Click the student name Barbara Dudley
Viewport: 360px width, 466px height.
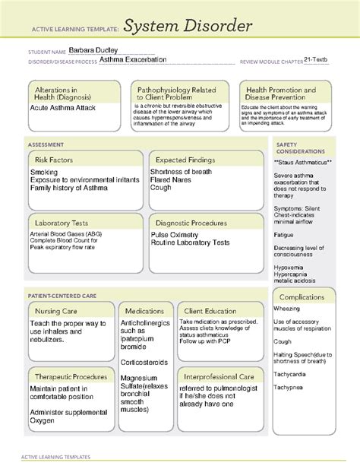pos(90,50)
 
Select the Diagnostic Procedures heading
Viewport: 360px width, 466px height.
pos(191,223)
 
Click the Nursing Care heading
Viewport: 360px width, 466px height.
pos(58,312)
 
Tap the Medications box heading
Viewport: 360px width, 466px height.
pos(144,311)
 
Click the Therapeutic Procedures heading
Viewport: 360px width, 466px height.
pos(69,376)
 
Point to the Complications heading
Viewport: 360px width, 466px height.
pos(303,296)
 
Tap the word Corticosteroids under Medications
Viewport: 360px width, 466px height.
pos(145,363)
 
